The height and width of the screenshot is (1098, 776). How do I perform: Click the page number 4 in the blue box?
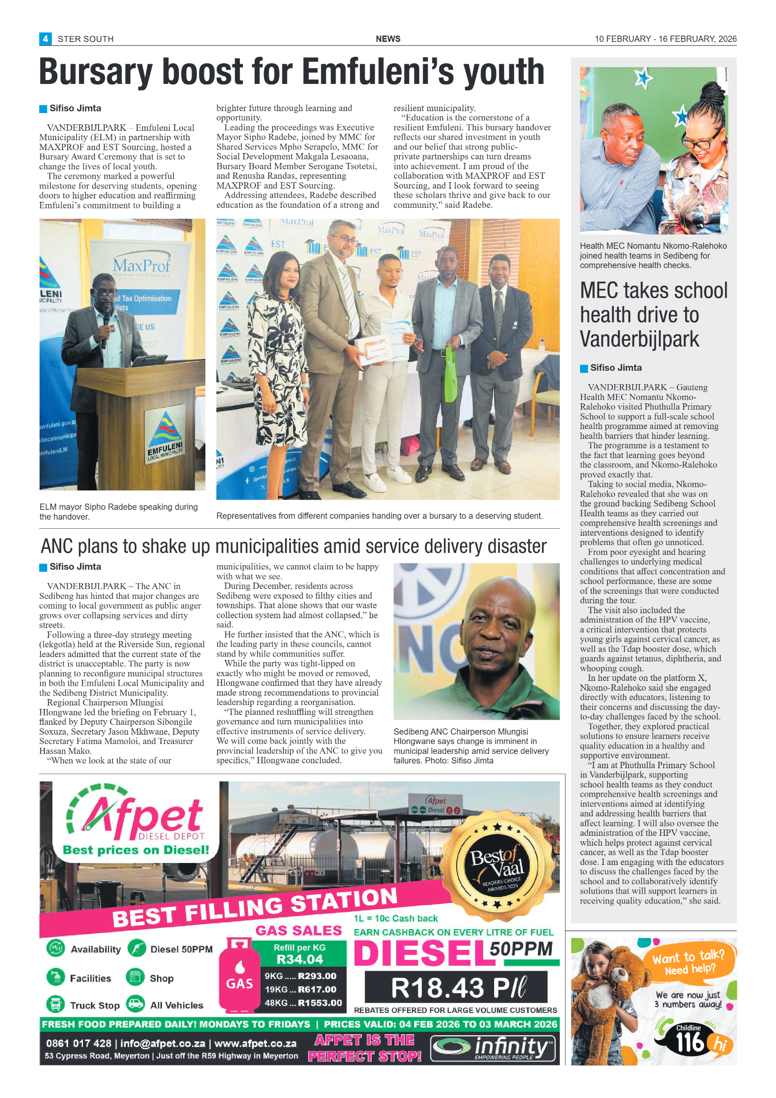pyautogui.click(x=45, y=39)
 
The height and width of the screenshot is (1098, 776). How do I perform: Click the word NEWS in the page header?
pyautogui.click(x=388, y=39)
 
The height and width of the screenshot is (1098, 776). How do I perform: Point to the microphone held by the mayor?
pyautogui.click(x=105, y=328)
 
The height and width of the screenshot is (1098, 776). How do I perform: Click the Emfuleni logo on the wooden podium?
pyautogui.click(x=165, y=433)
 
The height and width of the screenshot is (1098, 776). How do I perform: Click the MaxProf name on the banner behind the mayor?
pyautogui.click(x=141, y=266)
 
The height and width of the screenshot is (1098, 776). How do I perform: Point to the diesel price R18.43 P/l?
pyautogui.click(x=456, y=987)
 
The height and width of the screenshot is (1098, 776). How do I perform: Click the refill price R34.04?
pyautogui.click(x=299, y=959)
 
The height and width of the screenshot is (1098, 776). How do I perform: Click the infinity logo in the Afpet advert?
pyautogui.click(x=493, y=1048)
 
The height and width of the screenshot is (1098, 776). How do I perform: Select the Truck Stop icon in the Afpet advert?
pyautogui.click(x=55, y=1004)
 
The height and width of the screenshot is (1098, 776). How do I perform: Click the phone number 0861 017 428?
pyautogui.click(x=78, y=1043)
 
